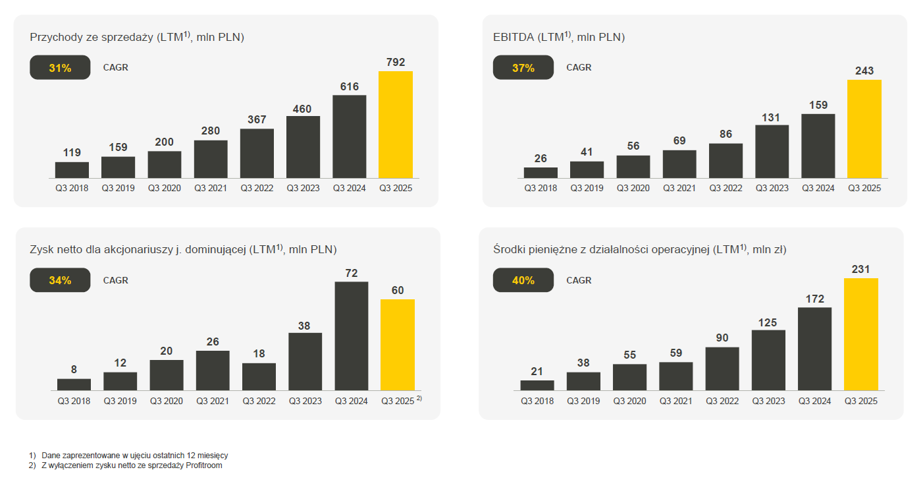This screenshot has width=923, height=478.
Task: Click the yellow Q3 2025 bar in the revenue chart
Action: [396, 125]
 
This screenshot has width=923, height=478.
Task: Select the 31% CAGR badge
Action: [60, 68]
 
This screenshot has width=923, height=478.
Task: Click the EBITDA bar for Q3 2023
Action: [772, 152]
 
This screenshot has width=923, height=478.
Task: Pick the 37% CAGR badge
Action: [523, 68]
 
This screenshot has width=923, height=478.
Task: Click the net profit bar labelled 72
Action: [352, 336]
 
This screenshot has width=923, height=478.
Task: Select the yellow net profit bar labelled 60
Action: [398, 345]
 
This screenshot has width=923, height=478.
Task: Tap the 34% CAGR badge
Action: [60, 280]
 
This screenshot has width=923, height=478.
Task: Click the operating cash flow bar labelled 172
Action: [814, 349]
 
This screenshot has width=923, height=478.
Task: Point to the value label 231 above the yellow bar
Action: [860, 269]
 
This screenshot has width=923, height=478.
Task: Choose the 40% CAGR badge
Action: [523, 280]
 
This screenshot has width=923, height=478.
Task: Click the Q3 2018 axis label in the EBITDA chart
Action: [541, 189]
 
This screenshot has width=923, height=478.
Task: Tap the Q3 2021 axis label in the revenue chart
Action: [211, 189]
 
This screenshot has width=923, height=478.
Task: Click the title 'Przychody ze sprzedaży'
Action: [92, 38]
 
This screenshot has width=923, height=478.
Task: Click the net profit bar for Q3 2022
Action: [259, 376]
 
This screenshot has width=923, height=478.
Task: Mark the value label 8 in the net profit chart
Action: [74, 370]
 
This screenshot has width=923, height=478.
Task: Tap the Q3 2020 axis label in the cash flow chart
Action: [629, 401]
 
